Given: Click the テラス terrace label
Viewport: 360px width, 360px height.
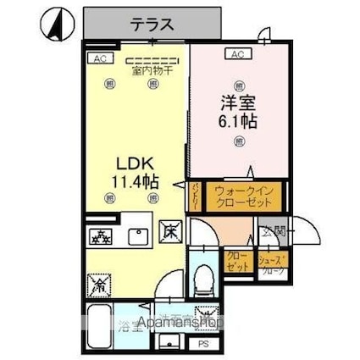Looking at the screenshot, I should pos(152,25).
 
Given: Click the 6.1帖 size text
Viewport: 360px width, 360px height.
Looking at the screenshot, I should pos(238,120).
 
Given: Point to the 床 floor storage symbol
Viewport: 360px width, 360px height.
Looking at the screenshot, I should pos(169,229).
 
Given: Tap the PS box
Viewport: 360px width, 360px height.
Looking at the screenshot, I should pos(203,344).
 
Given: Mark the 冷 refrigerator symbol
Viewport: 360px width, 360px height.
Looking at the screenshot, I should pos(101,286).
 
